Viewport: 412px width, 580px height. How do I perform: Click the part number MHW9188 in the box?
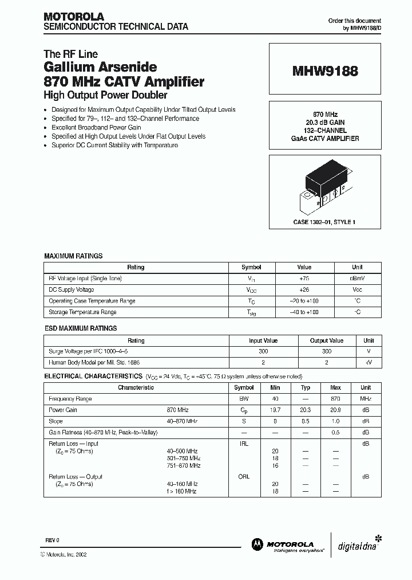[x=326, y=72]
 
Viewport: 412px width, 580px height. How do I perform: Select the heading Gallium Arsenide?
[x=100, y=68]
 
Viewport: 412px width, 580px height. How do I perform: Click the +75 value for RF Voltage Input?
[x=304, y=278]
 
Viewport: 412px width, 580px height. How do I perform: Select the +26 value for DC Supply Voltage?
[x=304, y=289]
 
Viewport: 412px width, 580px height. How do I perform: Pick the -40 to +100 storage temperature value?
[x=304, y=312]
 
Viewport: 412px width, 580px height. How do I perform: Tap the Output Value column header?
[x=326, y=340]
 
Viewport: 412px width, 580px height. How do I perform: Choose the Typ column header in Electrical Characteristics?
[x=306, y=387]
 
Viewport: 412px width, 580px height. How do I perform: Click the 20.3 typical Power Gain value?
[x=306, y=410]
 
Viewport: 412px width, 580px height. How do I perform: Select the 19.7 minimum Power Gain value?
[x=275, y=410]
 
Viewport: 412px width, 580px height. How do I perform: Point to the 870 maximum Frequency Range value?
[x=336, y=399]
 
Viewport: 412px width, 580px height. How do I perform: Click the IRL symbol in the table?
[x=243, y=444]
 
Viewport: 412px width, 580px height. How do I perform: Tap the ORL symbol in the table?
[x=243, y=477]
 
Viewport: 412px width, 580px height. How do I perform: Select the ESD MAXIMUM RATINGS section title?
[x=81, y=328]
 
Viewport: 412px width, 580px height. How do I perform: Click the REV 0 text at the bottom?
[x=52, y=540]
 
